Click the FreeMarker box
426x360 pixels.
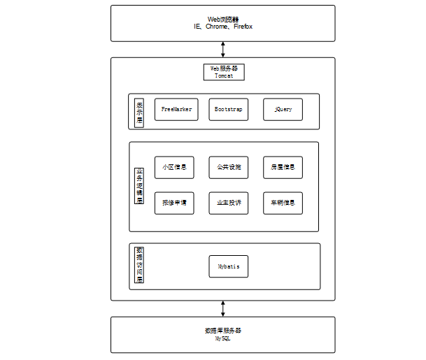coord(174,110)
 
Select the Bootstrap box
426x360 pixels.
coord(228,110)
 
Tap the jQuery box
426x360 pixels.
coord(283,110)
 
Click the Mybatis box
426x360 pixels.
coord(228,266)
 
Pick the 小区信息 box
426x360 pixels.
coord(174,168)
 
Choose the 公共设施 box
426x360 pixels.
coord(228,168)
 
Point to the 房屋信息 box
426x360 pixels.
coord(283,168)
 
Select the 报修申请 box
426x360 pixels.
coord(174,203)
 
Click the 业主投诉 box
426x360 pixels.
coord(228,203)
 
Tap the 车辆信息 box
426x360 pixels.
coord(283,203)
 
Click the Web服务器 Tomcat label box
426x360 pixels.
coord(224,72)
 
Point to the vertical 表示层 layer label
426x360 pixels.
coord(140,111)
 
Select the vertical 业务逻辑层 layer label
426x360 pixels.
coord(140,186)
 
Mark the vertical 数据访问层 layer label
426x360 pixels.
coord(140,266)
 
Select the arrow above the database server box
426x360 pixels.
coord(223,308)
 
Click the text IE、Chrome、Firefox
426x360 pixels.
coord(223,27)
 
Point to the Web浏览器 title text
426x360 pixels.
coord(223,19)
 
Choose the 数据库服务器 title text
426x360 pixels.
coord(223,330)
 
